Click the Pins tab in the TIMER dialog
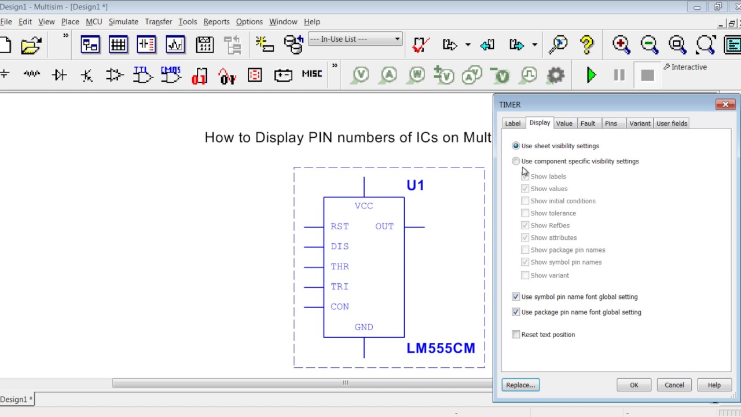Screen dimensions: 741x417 [x=611, y=123]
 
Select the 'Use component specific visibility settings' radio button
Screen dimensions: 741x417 [x=516, y=162]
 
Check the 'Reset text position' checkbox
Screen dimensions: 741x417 [x=516, y=335]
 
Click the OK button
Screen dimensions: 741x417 [x=634, y=385]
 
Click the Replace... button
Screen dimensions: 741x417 [x=520, y=385]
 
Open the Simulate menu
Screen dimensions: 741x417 [x=123, y=21]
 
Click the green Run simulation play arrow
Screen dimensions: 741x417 [x=591, y=75]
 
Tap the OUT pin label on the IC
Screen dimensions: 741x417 [x=384, y=226]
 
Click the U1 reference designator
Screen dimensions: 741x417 [x=415, y=185]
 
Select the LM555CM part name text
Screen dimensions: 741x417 [x=441, y=348]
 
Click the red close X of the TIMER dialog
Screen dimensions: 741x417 [x=725, y=104]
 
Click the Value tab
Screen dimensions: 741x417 [x=564, y=123]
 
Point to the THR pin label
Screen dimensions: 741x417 [x=340, y=267]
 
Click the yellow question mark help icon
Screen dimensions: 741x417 [x=586, y=45]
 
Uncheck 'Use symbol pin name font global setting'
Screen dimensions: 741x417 [x=516, y=297]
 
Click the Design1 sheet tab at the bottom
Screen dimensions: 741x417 [x=16, y=399]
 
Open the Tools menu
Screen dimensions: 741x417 [x=188, y=21]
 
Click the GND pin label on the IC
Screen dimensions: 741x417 [x=364, y=327]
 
